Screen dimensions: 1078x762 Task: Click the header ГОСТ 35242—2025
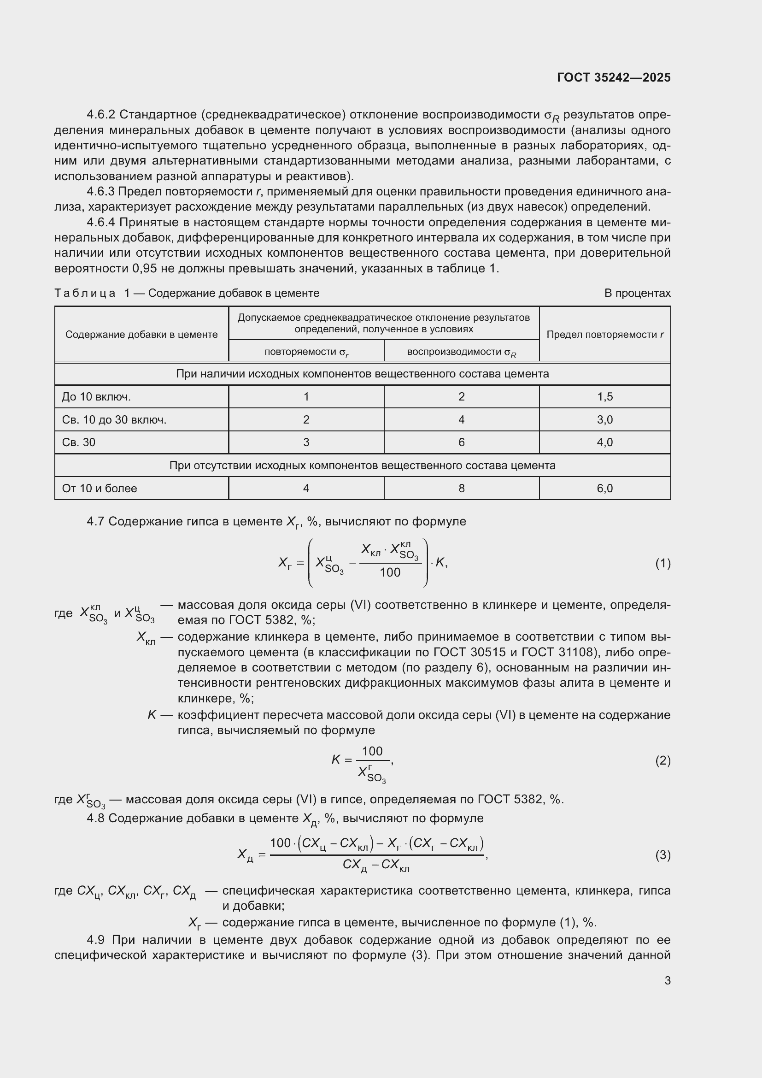pos(613,77)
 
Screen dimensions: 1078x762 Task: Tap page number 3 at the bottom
pos(667,980)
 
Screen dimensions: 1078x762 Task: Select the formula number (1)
pos(662,563)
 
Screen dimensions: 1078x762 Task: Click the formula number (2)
pos(662,760)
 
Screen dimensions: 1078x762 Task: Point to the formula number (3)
pos(662,855)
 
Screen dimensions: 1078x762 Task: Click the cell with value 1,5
pos(604,397)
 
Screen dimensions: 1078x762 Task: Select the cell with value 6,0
pos(604,488)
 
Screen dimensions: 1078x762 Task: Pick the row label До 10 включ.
pos(96,397)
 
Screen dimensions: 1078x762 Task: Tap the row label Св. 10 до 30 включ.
pos(114,420)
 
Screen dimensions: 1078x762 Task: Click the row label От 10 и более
pos(100,488)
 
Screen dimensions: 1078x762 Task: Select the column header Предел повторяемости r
pos(604,334)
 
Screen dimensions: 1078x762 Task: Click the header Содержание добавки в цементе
pos(141,334)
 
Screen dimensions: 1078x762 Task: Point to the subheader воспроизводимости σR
pos(461,352)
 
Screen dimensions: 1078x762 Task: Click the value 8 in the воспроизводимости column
pos(461,488)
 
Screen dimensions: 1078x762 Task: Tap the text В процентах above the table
pos(637,293)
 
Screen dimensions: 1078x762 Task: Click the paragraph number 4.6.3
pos(100,192)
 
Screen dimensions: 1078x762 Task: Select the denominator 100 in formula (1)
pos(390,572)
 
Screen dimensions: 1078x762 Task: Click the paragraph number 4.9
pos(97,940)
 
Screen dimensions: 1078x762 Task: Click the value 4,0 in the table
pos(604,442)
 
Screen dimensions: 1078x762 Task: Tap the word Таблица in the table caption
pos(85,293)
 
